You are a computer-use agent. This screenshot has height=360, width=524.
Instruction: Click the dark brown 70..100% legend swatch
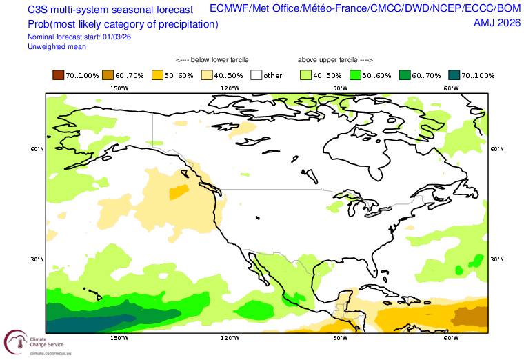(x=58, y=75)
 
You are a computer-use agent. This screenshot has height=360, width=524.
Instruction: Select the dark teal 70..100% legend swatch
(x=454, y=75)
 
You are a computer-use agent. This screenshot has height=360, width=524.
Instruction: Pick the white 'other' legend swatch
(x=256, y=75)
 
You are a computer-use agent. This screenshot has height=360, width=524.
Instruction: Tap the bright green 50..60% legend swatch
(x=355, y=75)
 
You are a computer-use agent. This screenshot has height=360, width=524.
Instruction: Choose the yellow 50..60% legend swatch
(x=157, y=75)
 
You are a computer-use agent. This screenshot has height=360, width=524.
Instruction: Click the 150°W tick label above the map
(x=119, y=88)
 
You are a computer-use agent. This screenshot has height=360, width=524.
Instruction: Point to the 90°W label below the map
(x=340, y=338)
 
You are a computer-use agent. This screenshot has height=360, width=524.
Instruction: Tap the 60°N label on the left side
(x=37, y=149)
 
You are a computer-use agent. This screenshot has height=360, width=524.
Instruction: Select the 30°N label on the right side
(x=497, y=259)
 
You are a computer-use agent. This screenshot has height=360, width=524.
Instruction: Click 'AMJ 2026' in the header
(x=497, y=23)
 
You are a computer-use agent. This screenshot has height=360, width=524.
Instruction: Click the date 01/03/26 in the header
(x=117, y=37)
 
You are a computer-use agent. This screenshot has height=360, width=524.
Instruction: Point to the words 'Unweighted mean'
(x=57, y=47)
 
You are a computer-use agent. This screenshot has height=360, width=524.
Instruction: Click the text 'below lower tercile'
(x=219, y=60)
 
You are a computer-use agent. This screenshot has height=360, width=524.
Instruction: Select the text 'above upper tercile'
(x=327, y=60)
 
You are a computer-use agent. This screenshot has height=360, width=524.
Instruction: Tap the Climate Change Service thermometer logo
(x=16, y=342)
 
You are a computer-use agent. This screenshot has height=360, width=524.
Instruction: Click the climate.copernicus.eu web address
(x=50, y=353)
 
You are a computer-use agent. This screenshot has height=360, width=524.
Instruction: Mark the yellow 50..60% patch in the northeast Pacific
(x=179, y=192)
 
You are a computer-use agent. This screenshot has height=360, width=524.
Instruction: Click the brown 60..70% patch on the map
(x=470, y=317)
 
